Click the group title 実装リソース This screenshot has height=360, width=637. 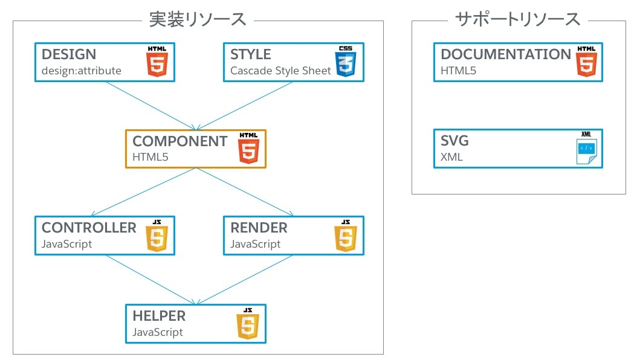click(198, 19)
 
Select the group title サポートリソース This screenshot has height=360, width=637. click(518, 19)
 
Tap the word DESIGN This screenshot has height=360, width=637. click(68, 54)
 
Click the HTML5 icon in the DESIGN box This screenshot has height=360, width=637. click(157, 61)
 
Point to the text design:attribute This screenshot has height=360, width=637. click(81, 71)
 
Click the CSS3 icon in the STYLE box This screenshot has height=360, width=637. click(345, 61)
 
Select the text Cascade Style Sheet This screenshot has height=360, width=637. click(280, 71)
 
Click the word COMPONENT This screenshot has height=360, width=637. click(179, 141)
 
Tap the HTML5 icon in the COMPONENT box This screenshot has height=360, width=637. click(248, 148)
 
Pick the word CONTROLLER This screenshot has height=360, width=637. click(89, 228)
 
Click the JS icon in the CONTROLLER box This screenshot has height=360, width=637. click(157, 236)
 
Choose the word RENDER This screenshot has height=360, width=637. click(259, 228)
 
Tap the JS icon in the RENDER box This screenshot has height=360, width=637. click(345, 236)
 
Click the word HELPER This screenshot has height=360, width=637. click(159, 316)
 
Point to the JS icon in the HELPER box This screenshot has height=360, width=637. click(247, 323)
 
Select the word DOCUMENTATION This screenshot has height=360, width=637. click(505, 54)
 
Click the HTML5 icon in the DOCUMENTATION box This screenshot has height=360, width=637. click(584, 61)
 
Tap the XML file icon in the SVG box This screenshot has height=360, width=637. click(585, 148)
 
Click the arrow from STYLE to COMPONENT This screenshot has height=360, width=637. click(245, 106)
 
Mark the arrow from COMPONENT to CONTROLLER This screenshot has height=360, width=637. click(143, 192)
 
